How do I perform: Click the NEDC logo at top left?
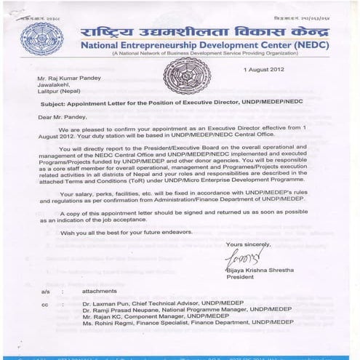pos(41,39)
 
